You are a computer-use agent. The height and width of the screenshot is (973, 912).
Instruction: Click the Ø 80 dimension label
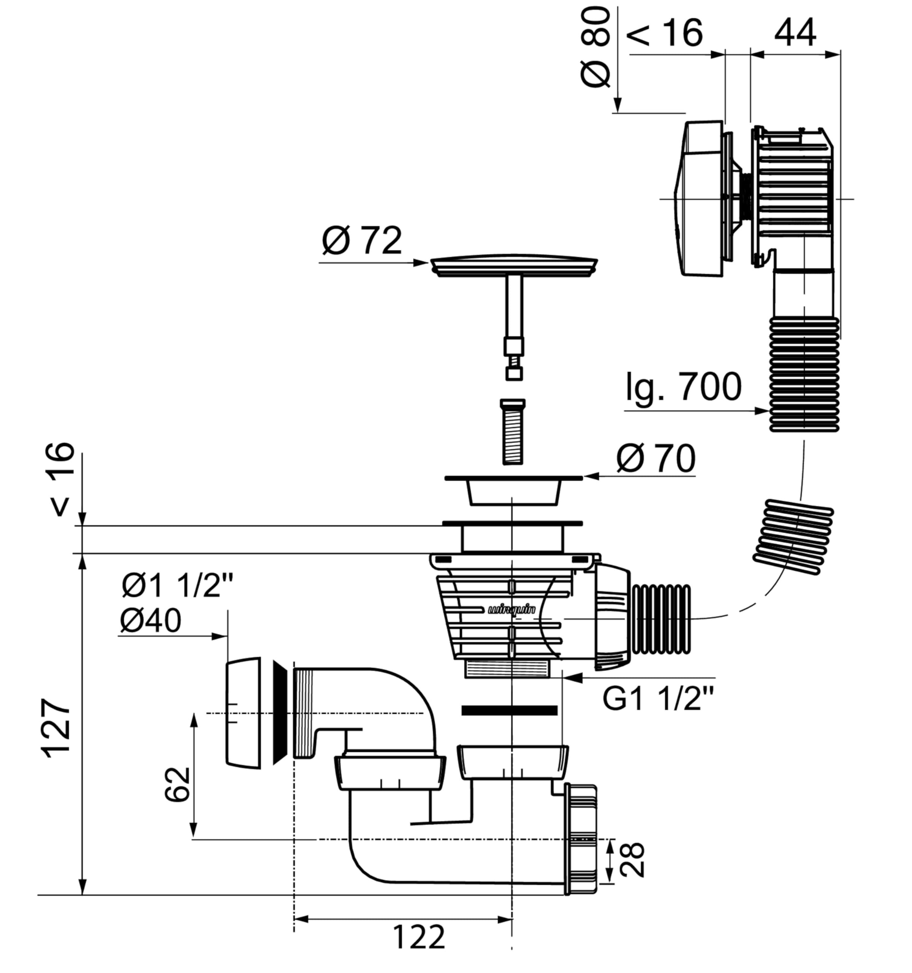pyautogui.click(x=596, y=48)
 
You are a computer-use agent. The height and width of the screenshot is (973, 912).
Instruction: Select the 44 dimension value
pyautogui.click(x=795, y=32)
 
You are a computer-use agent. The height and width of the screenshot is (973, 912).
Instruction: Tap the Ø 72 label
pyautogui.click(x=362, y=240)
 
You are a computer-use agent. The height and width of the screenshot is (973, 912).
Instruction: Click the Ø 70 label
pyautogui.click(x=655, y=459)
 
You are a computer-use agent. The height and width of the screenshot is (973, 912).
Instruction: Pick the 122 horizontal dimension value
pyautogui.click(x=419, y=937)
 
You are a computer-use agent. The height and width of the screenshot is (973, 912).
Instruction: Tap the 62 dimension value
pyautogui.click(x=177, y=784)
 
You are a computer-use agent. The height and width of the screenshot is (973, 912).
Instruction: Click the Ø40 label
pyautogui.click(x=150, y=621)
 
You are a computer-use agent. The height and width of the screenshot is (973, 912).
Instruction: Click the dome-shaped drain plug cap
pyautogui.click(x=514, y=265)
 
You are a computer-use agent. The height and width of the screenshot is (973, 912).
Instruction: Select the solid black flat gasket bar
pyautogui.click(x=509, y=710)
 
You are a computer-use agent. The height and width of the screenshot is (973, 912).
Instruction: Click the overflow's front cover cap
pyautogui.click(x=699, y=199)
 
